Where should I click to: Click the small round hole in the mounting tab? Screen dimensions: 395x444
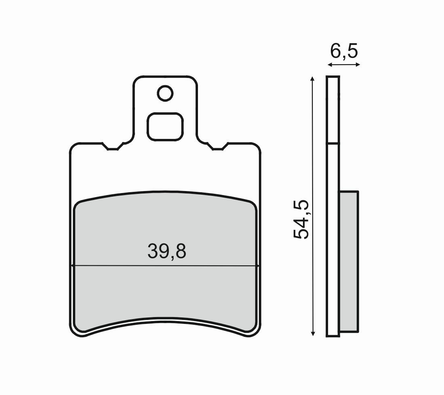165,93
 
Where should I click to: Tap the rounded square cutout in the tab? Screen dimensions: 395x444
165,126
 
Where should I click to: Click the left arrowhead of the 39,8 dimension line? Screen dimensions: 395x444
73,266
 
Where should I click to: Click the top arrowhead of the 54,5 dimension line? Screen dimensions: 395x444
312,78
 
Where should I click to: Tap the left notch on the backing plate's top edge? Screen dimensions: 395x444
113,147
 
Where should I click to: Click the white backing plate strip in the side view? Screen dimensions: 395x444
333,242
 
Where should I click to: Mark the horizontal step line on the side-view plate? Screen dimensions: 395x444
333,143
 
